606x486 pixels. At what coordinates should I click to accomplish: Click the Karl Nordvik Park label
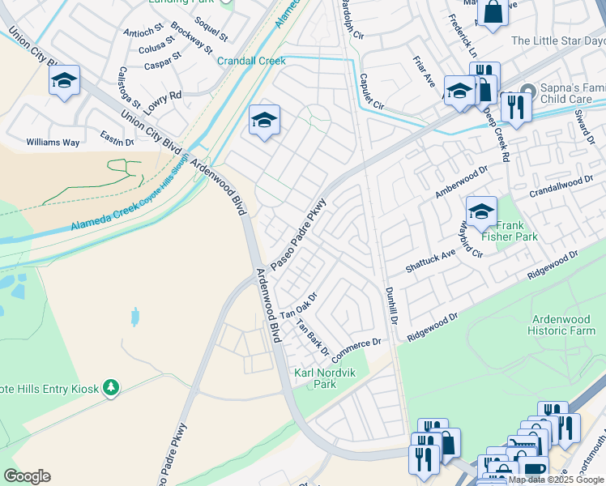[x=315, y=378]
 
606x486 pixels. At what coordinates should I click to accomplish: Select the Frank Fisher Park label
[x=509, y=231]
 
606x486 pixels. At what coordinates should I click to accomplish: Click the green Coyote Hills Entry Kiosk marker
[x=111, y=389]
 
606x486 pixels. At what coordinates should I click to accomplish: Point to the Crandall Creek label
[x=251, y=61]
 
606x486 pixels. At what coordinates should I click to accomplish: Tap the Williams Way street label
[x=53, y=143]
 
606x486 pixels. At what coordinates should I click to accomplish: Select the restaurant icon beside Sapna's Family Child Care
[x=514, y=105]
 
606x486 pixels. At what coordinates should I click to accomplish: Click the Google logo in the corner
[x=27, y=476]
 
